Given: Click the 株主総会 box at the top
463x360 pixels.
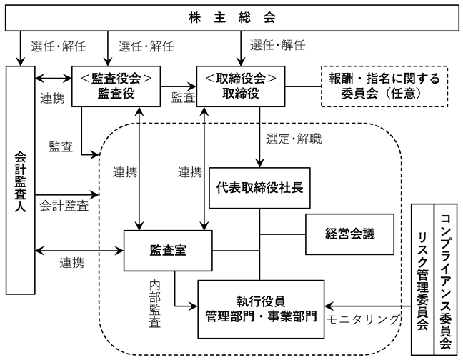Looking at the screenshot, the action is [x=232, y=18].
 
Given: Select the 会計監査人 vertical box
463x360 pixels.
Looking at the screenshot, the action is [x=21, y=180].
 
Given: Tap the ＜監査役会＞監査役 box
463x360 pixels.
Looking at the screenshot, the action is [x=116, y=86].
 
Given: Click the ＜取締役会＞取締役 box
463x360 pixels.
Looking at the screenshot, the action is [x=241, y=86].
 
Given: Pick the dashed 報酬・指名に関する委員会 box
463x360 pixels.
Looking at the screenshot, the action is [x=384, y=86].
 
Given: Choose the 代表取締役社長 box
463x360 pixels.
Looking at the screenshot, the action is [x=259, y=188].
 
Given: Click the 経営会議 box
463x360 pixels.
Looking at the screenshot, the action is [x=349, y=234].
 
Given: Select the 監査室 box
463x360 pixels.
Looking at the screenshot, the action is [x=168, y=251].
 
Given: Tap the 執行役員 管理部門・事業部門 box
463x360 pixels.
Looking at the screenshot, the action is [x=261, y=309].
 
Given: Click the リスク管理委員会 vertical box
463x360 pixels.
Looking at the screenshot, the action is [x=422, y=279].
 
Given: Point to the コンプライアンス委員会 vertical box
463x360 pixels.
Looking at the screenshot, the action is [x=446, y=279].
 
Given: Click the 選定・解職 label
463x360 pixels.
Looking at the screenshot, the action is [x=294, y=139].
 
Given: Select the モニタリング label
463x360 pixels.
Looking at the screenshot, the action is [x=363, y=319].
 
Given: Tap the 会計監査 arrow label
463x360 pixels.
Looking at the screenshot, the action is [x=64, y=206].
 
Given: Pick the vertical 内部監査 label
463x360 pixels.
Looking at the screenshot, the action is [x=155, y=304].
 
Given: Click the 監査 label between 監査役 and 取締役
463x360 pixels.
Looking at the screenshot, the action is [x=184, y=97].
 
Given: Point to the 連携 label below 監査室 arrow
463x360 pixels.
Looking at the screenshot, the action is [x=71, y=263].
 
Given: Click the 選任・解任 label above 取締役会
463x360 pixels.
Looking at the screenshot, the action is [x=277, y=45].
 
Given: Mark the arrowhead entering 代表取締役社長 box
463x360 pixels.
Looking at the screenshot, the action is [x=259, y=164].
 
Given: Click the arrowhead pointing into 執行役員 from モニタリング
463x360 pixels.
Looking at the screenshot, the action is [x=329, y=306].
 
